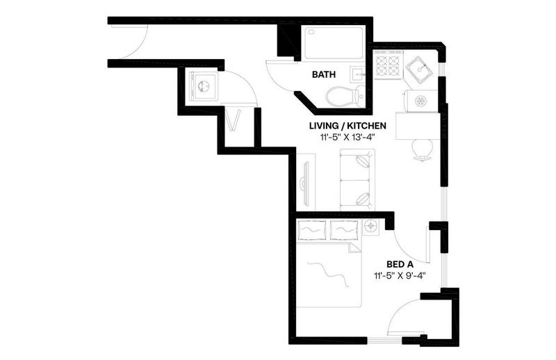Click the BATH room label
(x=323, y=75)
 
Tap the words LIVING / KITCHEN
(x=347, y=126)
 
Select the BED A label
(x=400, y=264)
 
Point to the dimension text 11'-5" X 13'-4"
(x=347, y=138)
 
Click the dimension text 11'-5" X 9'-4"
(x=399, y=276)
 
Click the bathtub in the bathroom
(x=334, y=43)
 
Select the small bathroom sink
(x=358, y=75)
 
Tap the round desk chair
(x=423, y=149)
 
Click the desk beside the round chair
(x=418, y=126)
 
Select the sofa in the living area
(x=357, y=180)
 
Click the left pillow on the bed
(x=311, y=230)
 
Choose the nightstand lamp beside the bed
(x=371, y=226)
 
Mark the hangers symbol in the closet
(x=234, y=120)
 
